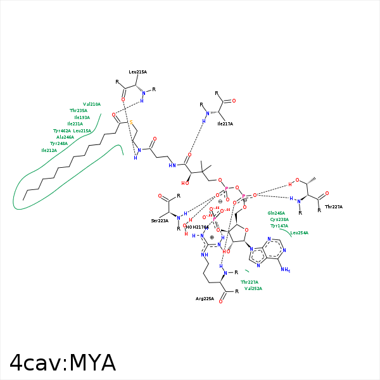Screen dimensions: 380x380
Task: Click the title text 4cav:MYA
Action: pos(63,362)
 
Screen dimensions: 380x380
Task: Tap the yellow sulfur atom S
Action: pos(131,122)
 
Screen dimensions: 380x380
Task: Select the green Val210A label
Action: pos(92,104)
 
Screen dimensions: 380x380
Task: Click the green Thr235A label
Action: pos(79,111)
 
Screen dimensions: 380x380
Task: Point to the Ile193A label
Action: pos(82,117)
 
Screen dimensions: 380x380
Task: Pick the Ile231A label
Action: pos(75,124)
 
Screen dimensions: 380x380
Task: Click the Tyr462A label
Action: pos(61,130)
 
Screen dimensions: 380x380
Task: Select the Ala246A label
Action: pos(65,137)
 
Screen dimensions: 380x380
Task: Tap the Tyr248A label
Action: pos(59,144)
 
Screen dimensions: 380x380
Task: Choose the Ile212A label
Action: pos(49,151)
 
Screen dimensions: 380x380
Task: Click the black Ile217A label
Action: pos(225,124)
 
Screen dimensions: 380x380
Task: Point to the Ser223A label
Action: pos(160,220)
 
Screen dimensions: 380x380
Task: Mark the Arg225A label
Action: pos(205,298)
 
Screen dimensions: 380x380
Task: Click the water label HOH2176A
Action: pos(196,227)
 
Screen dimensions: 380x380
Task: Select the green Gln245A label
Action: pos(276,213)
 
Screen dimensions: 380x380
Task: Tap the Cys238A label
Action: pos(279,220)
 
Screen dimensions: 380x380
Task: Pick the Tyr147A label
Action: pos(279,226)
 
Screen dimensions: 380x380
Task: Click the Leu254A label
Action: pos(300,233)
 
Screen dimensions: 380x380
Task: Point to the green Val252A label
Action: pos(253,288)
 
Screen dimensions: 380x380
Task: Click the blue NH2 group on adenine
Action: pos(285,270)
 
